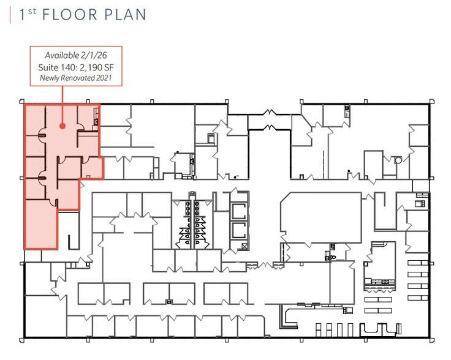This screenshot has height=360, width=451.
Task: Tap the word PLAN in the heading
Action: pyautogui.click(x=126, y=15)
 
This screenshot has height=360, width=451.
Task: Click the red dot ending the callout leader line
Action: pyautogui.click(x=62, y=126)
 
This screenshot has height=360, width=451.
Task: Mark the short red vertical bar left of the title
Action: pyautogui.click(x=10, y=15)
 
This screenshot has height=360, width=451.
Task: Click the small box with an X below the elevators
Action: pyautogui.click(x=245, y=246)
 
